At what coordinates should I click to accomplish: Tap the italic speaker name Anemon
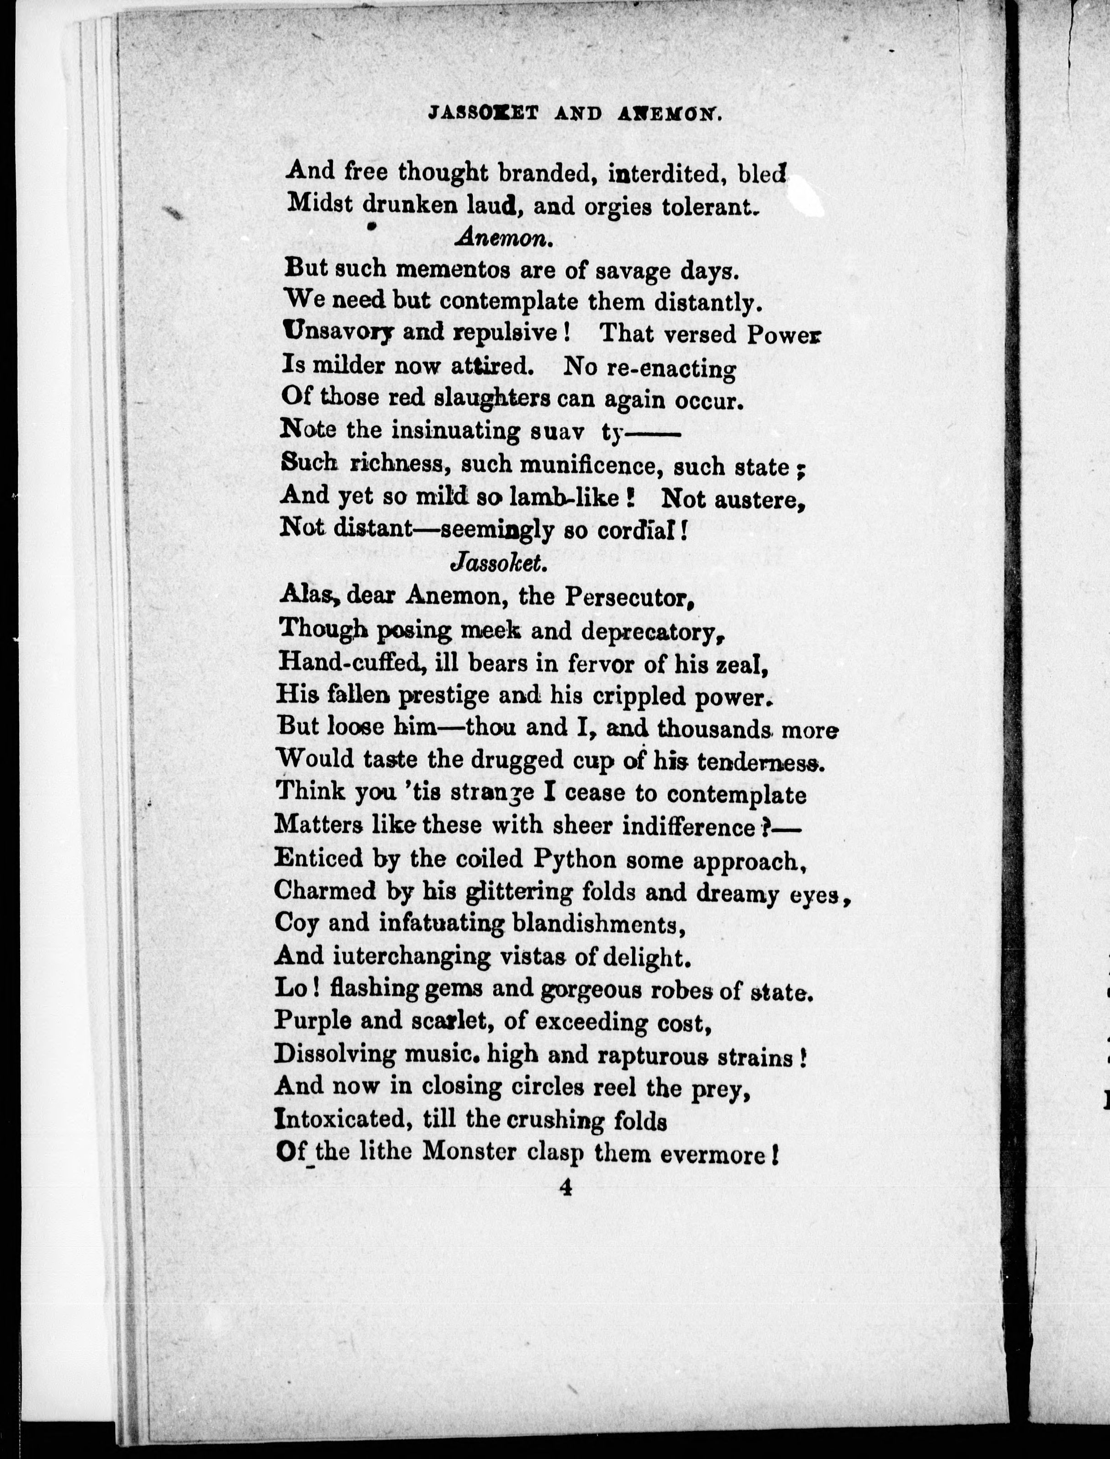[x=503, y=239]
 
